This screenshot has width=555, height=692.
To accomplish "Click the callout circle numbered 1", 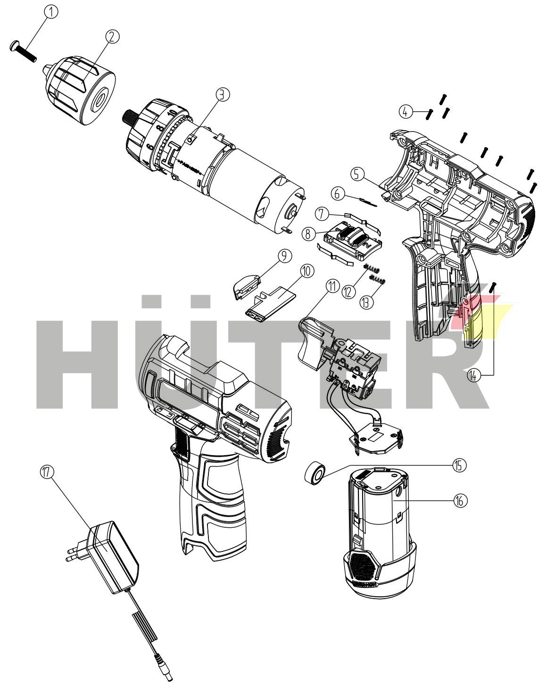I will click(51, 12).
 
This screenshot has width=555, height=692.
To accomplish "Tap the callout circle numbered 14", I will click(474, 375).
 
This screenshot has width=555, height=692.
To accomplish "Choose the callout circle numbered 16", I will click(461, 500).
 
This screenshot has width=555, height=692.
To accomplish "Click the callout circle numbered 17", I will click(48, 471).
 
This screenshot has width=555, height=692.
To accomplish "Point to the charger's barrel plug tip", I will click(167, 675).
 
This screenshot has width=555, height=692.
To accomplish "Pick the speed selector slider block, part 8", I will click(351, 240).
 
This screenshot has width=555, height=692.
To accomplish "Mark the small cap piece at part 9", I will click(246, 285).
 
